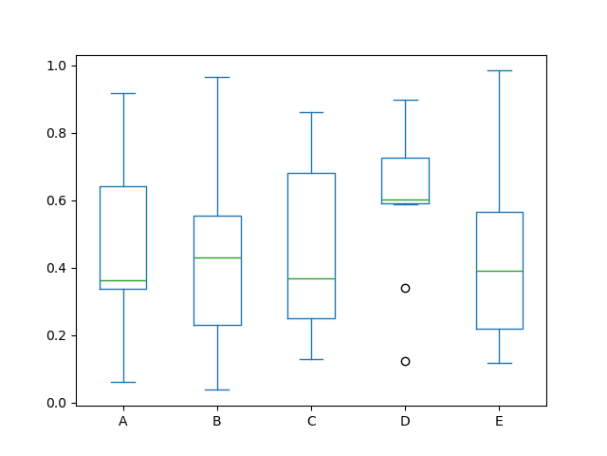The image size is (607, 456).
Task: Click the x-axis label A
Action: tap(123, 421)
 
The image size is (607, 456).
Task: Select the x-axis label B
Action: tap(217, 421)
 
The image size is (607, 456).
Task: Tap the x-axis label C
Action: tap(311, 421)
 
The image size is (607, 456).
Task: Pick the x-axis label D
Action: tap(405, 421)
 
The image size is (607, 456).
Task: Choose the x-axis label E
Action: tap(499, 421)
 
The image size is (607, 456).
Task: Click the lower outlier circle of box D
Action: tap(405, 361)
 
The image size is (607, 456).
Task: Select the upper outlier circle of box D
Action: tap(405, 288)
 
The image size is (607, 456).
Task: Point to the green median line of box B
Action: tap(217, 257)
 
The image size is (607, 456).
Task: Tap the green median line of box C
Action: tap(311, 278)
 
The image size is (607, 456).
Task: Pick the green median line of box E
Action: tap(499, 271)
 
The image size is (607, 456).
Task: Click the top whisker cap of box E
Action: tap(499, 70)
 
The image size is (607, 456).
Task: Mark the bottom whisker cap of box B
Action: tap(217, 389)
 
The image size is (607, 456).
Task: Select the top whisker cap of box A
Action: tap(123, 93)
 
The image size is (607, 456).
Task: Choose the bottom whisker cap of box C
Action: tap(311, 359)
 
